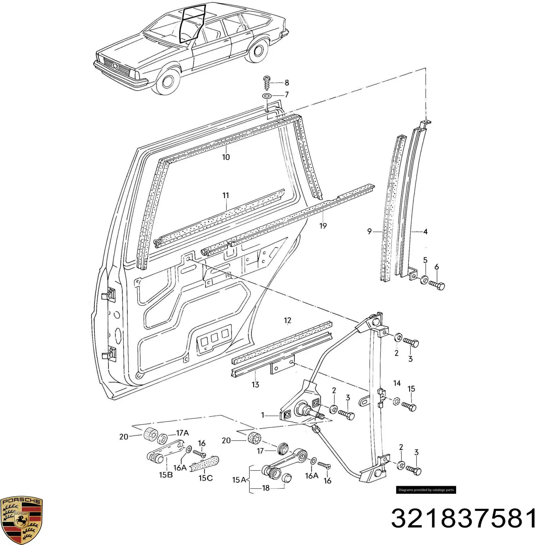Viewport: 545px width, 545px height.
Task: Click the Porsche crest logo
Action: [x=21, y=520]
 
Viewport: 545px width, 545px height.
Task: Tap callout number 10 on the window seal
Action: [x=226, y=157]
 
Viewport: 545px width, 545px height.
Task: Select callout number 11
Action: [x=226, y=196]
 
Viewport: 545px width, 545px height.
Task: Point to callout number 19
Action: [x=323, y=225]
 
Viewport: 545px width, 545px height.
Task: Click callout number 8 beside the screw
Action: [x=287, y=83]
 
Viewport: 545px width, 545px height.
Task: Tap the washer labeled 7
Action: [x=267, y=96]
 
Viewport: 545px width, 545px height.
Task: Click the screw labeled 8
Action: [x=267, y=83]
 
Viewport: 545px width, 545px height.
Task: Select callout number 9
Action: [x=370, y=232]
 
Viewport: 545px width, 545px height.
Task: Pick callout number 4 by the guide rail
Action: [x=425, y=232]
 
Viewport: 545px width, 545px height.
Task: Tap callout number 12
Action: [x=287, y=321]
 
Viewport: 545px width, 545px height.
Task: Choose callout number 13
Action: [x=255, y=385]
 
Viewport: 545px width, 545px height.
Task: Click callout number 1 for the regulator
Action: [x=263, y=415]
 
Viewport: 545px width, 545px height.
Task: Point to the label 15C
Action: [x=206, y=478]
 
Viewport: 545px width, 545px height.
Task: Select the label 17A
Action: [x=183, y=433]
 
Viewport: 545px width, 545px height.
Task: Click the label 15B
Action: [x=166, y=475]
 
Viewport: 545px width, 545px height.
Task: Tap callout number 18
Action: [x=266, y=488]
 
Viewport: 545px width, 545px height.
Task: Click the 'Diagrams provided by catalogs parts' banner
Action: [x=426, y=490]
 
